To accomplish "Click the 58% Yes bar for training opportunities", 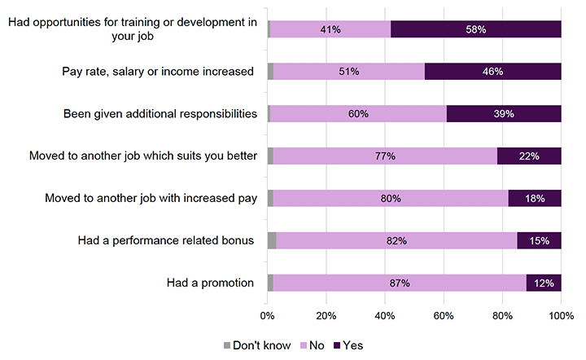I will click(476, 29).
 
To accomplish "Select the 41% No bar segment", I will click(330, 29).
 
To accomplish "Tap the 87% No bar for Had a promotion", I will click(400, 283).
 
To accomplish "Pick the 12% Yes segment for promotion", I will click(544, 283).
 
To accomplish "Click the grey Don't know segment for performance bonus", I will click(272, 241).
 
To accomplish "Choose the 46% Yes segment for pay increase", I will click(492, 72).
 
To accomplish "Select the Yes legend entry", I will click(346, 345).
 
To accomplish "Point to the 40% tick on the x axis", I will click(385, 316).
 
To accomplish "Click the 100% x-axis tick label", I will click(561, 316).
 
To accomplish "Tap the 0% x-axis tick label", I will click(268, 316).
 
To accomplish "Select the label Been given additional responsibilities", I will click(160, 114).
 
